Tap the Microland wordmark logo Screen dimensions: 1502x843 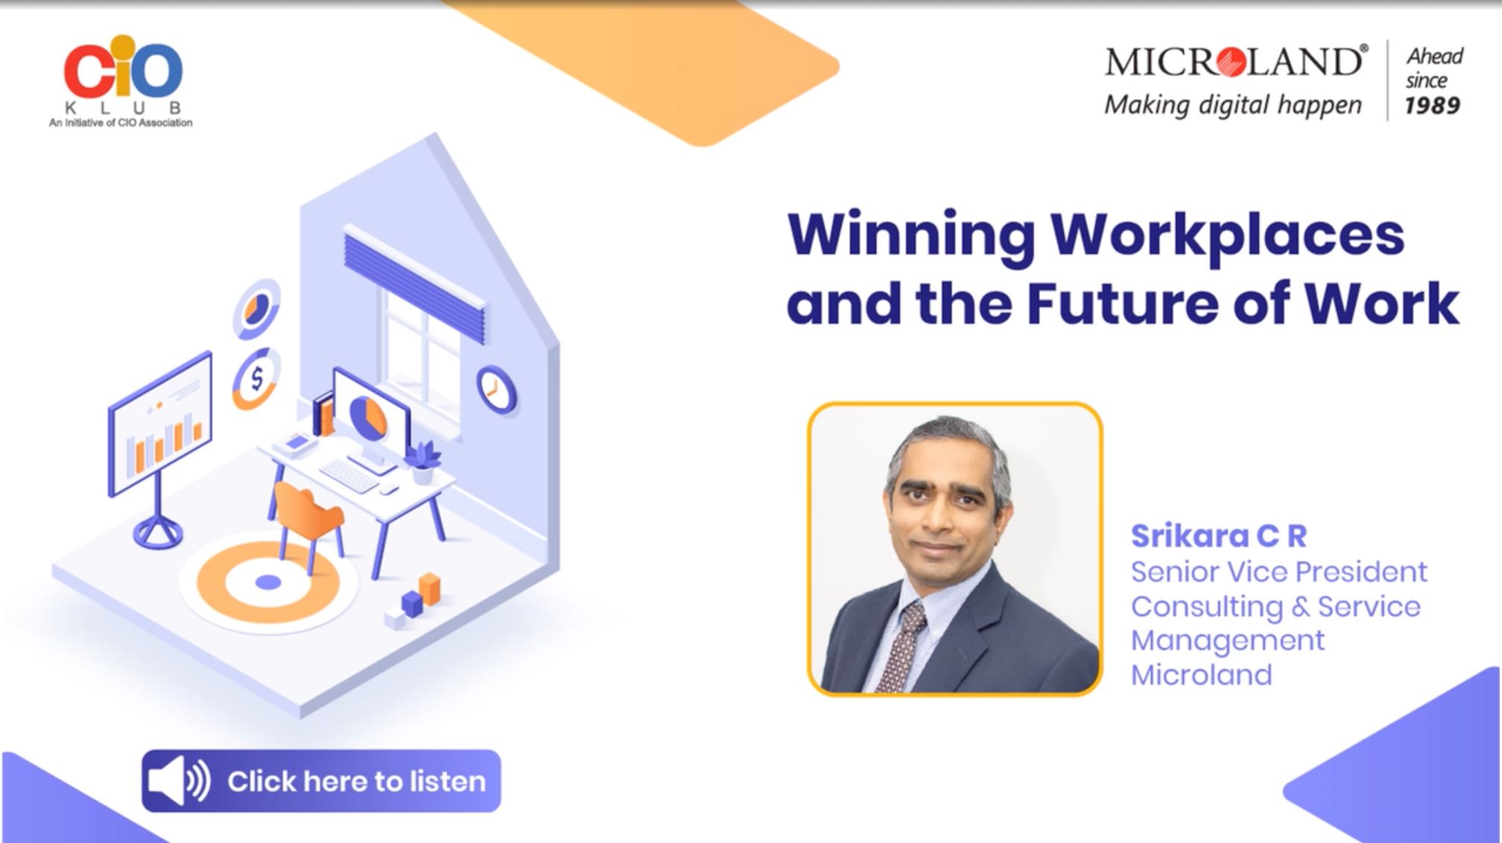click(x=1236, y=61)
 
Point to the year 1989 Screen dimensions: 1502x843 click(x=1432, y=106)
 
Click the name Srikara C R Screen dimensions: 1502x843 click(x=1219, y=535)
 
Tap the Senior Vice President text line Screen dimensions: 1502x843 click(x=1278, y=572)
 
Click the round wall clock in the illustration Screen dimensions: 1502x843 click(x=496, y=389)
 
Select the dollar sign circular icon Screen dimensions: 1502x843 click(x=256, y=378)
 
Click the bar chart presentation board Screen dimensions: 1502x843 click(x=159, y=424)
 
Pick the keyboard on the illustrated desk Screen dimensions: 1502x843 click(x=349, y=475)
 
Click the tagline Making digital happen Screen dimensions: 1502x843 click(x=1233, y=105)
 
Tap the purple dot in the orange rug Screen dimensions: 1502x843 click(x=268, y=582)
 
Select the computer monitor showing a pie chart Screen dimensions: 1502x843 click(x=370, y=416)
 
